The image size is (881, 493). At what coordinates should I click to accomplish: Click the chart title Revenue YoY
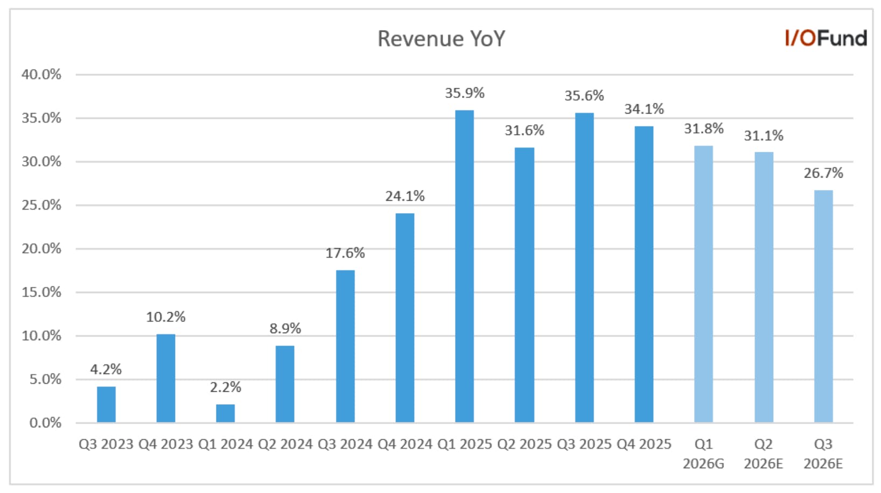441,39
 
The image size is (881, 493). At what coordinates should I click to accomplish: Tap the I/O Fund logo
826,38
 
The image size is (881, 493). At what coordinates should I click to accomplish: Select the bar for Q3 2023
106,405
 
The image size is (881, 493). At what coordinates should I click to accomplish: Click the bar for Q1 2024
225,413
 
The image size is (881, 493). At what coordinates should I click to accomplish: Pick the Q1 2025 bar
465,266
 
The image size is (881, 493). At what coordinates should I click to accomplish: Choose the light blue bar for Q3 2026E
823,307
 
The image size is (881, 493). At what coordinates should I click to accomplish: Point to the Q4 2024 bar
405,318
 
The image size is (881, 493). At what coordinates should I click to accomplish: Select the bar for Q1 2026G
704,284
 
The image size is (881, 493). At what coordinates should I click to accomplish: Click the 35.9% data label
465,93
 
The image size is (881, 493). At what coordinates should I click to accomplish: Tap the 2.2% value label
225,388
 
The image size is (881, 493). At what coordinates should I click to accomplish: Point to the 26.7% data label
823,173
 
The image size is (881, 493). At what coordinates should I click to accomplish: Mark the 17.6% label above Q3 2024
345,253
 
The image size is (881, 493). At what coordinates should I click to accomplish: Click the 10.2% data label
165,317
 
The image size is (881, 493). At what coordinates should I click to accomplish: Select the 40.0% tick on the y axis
41,74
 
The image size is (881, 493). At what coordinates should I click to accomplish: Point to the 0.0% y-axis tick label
45,423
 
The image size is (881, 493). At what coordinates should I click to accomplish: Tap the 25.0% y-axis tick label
41,205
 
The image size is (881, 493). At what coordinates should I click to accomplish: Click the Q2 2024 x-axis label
285,444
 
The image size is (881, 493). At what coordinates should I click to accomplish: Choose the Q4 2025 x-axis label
644,444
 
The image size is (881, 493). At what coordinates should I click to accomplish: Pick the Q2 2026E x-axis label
764,454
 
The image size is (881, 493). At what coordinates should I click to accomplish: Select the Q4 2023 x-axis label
165,444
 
